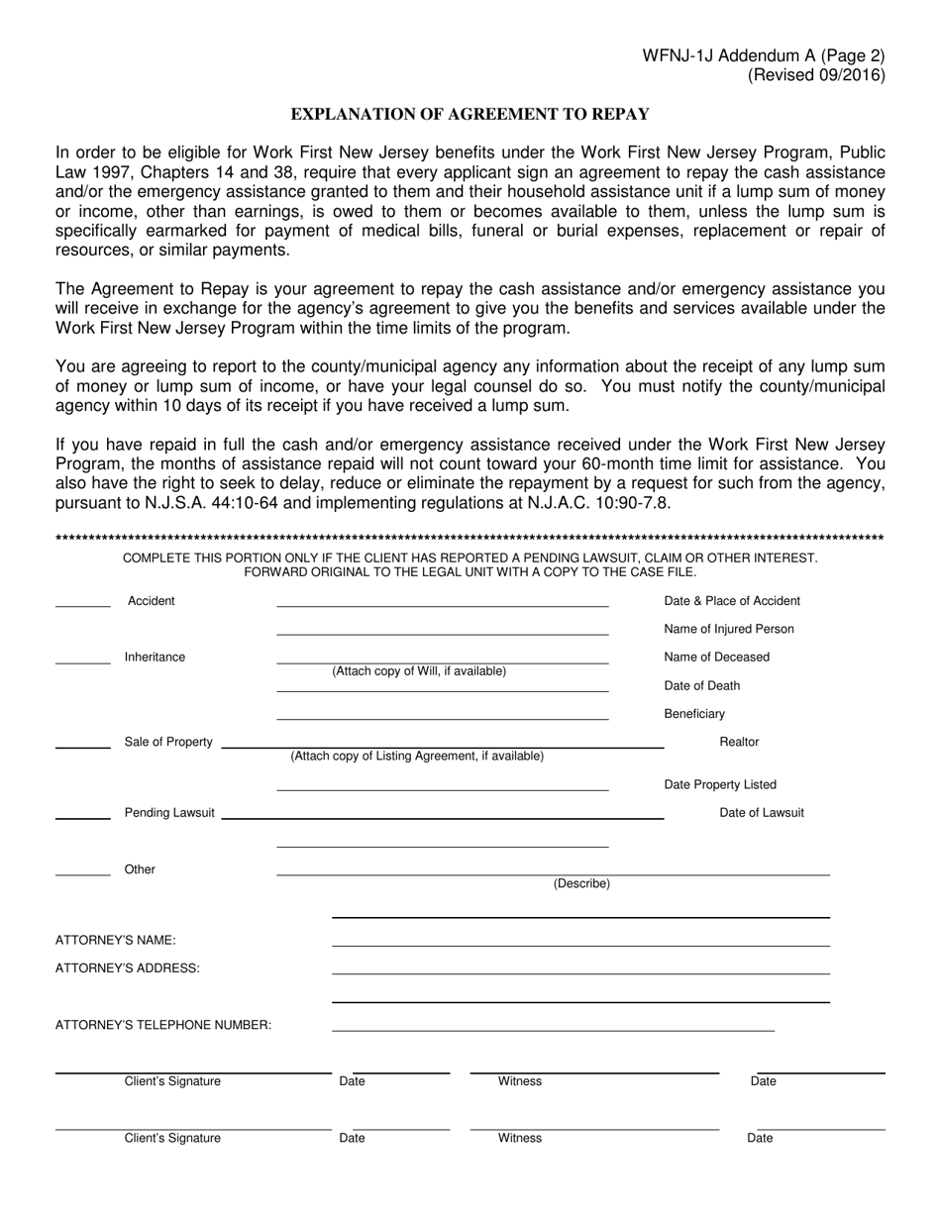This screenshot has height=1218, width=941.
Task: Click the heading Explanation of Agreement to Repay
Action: (470, 114)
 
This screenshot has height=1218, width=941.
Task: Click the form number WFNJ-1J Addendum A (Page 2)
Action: (764, 56)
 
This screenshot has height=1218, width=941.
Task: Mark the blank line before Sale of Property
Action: (83, 746)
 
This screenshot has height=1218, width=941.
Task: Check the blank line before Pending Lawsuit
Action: (83, 817)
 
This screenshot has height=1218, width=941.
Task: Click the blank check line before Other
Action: (83, 873)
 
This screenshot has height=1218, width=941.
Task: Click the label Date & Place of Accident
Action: (731, 601)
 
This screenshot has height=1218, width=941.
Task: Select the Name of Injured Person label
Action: (728, 629)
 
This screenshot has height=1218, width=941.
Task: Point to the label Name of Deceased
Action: (716, 658)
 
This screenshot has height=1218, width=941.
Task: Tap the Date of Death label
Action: (701, 685)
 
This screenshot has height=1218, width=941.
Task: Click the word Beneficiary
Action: (693, 714)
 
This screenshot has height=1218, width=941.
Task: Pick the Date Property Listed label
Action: (720, 785)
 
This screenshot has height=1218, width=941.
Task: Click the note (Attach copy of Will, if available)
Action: (419, 671)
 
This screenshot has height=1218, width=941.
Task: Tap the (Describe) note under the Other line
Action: (581, 883)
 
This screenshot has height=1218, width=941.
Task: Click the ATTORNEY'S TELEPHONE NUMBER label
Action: (163, 1025)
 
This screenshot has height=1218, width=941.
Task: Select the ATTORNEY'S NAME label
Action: (116, 940)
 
